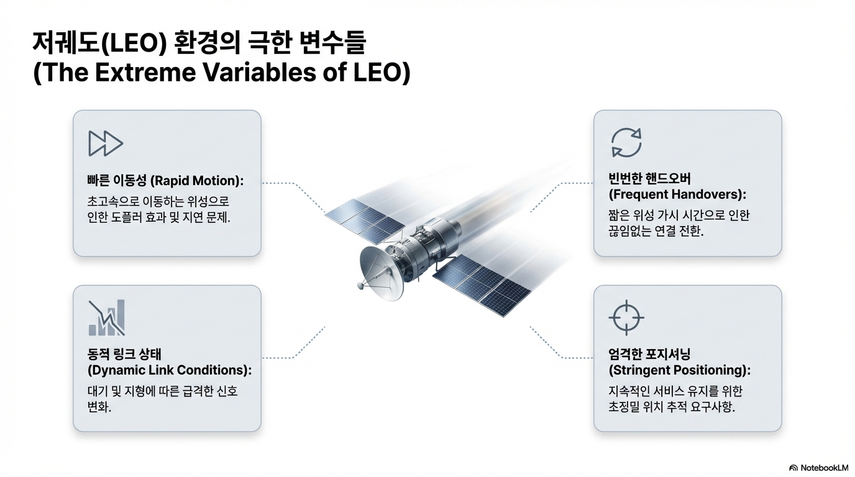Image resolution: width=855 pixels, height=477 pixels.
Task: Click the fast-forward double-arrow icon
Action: [106, 143]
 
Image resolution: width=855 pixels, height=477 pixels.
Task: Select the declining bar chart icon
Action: [107, 317]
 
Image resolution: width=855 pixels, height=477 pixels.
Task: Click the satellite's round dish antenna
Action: [380, 271]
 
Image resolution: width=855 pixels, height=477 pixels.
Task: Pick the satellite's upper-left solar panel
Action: [365, 221]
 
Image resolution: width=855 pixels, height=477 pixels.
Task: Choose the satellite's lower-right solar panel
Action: [482, 284]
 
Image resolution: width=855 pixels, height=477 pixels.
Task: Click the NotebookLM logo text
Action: [819, 468]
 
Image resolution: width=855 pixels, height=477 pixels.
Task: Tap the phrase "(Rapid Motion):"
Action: [197, 181]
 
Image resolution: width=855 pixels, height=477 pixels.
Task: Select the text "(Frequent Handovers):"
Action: [677, 194]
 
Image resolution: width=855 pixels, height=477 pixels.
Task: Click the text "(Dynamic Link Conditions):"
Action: [170, 370]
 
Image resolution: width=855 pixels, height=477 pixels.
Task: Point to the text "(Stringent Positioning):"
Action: [679, 370]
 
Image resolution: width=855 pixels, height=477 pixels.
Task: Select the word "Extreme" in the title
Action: [145, 72]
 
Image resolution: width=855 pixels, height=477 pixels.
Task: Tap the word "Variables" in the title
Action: [259, 72]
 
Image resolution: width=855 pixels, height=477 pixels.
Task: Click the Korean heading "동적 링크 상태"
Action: [124, 354]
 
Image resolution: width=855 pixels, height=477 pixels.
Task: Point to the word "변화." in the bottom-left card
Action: [99, 407]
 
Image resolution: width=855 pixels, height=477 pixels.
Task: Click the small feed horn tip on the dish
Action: [360, 284]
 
